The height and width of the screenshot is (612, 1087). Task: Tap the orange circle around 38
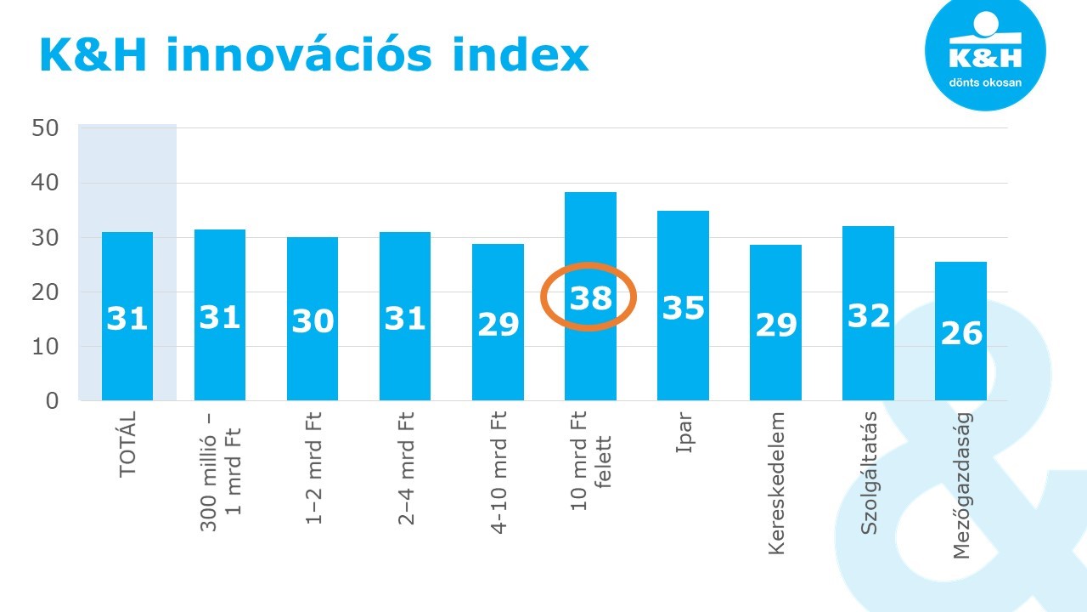coord(589,296)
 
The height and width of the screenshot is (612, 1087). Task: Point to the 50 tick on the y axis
coord(45,128)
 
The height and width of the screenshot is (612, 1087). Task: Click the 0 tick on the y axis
coord(52,400)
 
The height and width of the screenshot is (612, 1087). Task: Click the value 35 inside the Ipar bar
coord(684,308)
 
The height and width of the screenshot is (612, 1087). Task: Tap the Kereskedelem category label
coord(776,483)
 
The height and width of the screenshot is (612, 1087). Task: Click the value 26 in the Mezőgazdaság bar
coord(961,333)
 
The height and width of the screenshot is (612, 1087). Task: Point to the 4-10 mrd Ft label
coord(498,472)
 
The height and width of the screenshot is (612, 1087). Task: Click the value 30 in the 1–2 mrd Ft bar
coord(313,321)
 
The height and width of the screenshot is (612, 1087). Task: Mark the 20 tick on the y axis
coord(45,292)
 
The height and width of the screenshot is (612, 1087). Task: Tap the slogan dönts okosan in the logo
coord(985,83)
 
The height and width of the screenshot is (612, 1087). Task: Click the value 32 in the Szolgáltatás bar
coord(869,315)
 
